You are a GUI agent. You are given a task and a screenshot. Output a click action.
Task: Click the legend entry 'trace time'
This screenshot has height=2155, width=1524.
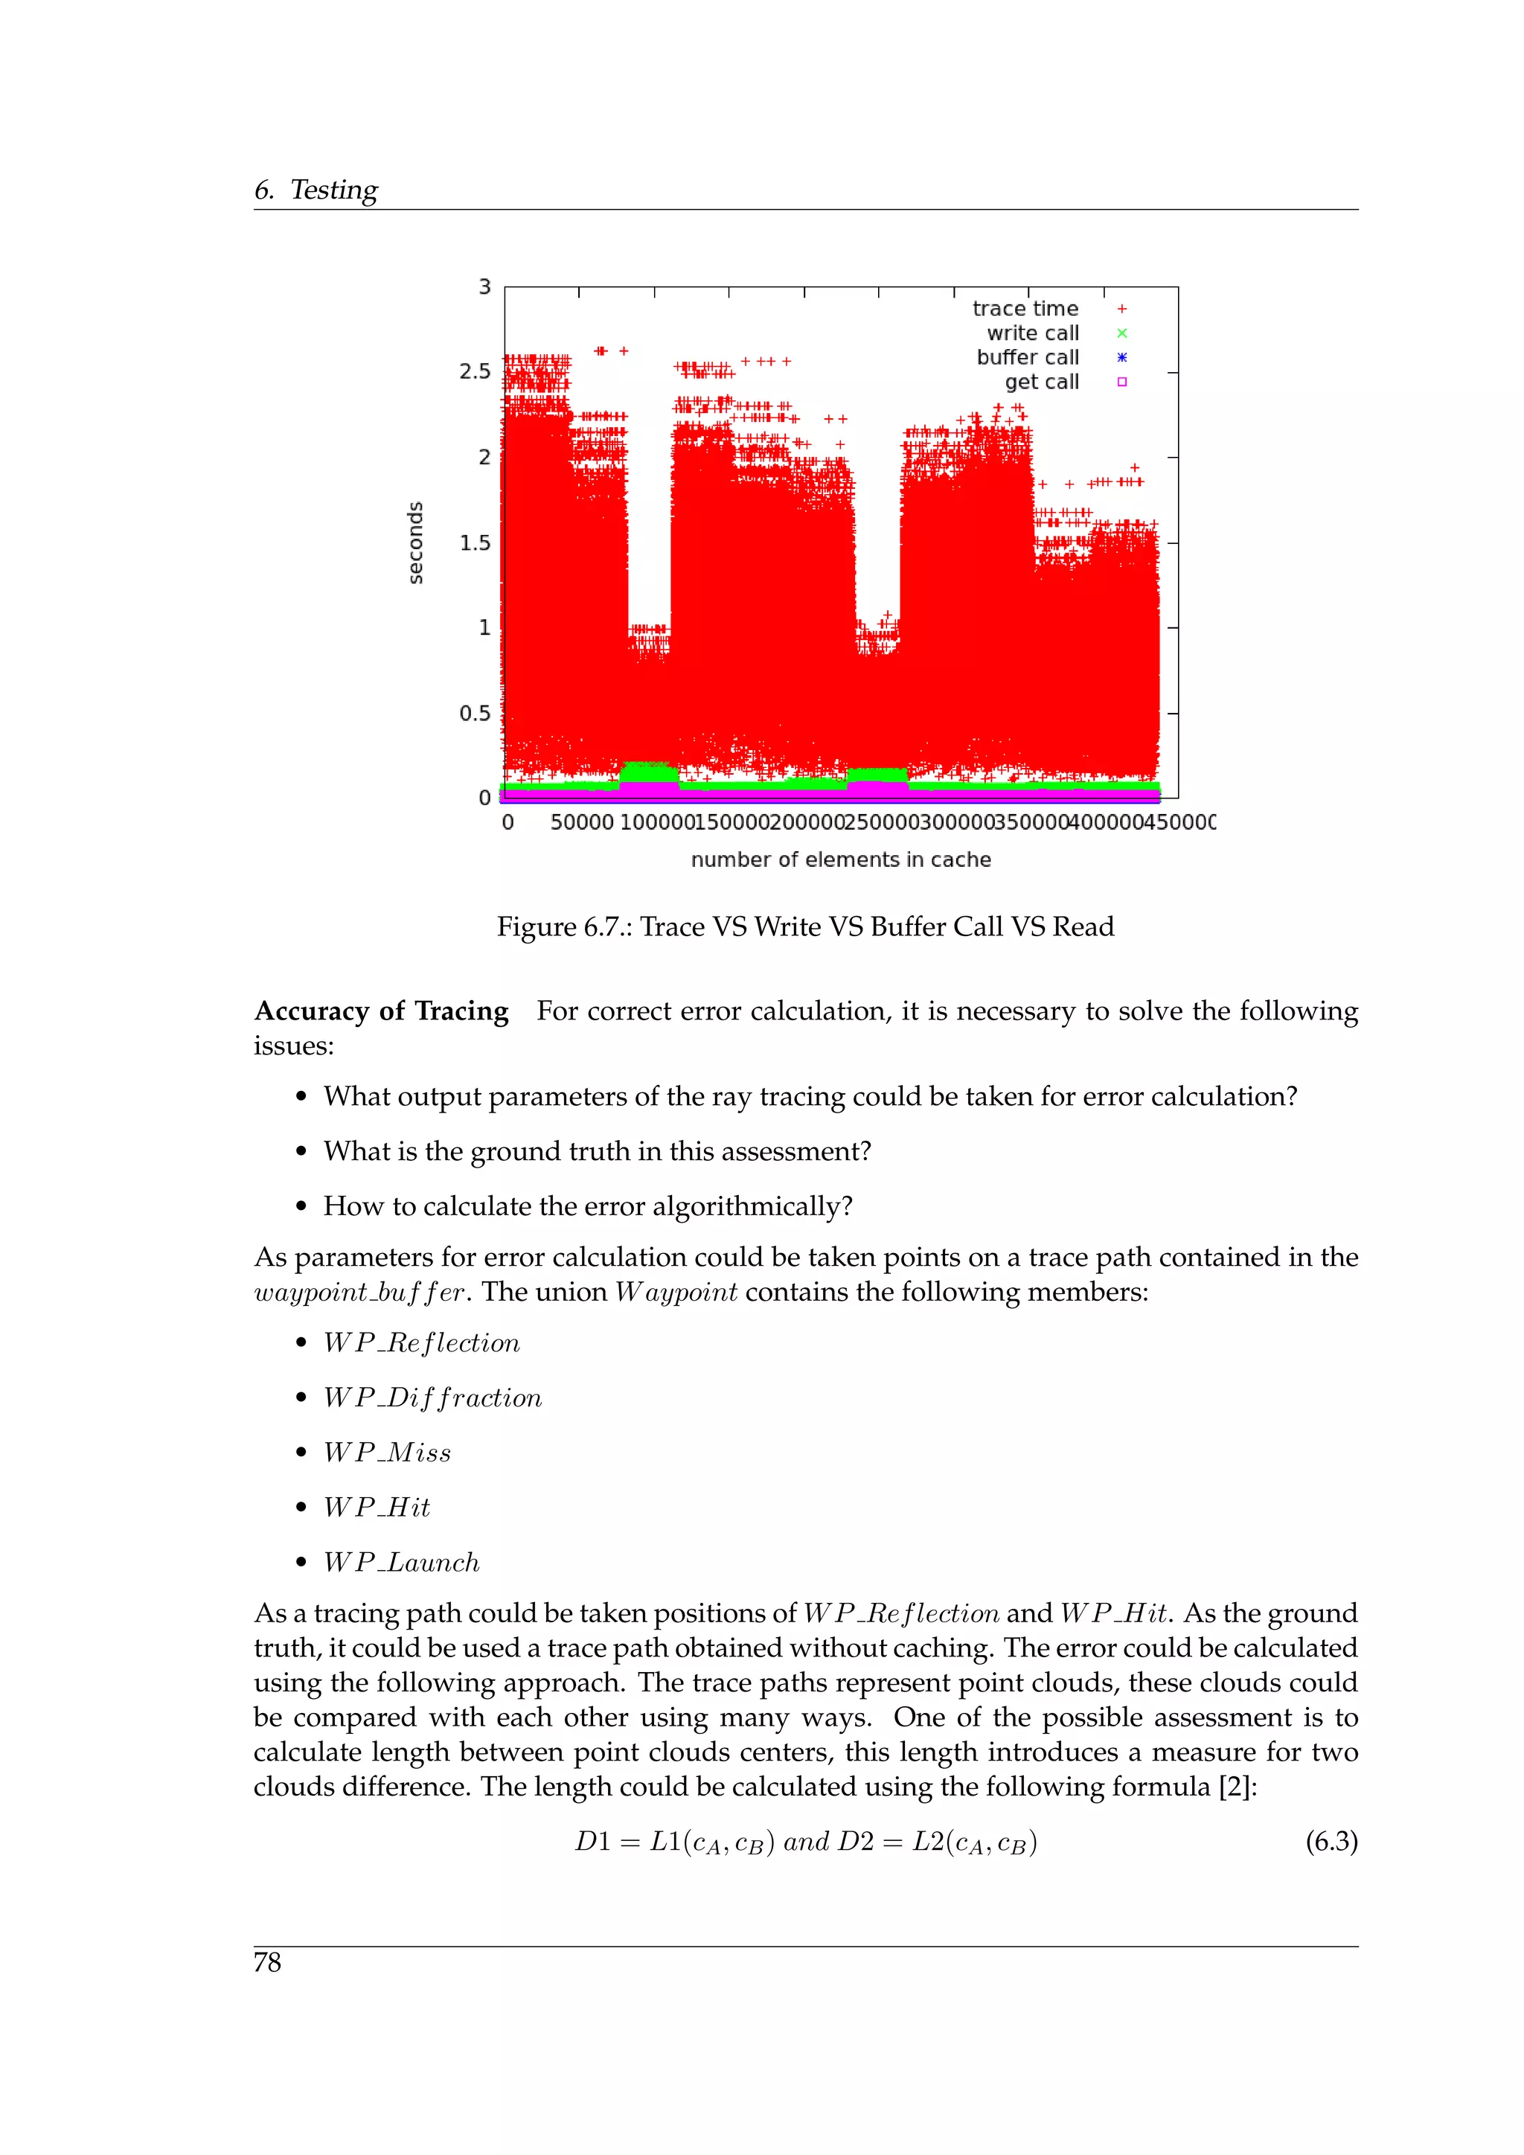coord(1025,309)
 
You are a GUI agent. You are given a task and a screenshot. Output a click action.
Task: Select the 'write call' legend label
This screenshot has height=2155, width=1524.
coord(1032,333)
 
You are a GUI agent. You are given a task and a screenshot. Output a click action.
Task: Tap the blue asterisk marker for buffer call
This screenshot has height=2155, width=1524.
coord(1121,358)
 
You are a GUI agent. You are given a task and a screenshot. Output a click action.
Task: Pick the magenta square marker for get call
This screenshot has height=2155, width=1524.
coord(1121,382)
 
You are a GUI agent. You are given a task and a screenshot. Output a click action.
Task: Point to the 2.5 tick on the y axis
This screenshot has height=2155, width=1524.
coord(475,371)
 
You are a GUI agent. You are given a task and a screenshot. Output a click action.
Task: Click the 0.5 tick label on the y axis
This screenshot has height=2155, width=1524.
coord(475,714)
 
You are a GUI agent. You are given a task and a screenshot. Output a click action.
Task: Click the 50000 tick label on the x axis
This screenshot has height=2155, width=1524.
coord(582,822)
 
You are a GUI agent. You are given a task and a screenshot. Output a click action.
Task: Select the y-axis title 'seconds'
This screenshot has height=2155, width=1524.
coord(414,542)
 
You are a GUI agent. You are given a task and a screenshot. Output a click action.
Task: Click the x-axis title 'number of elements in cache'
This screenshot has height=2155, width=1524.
coord(841,859)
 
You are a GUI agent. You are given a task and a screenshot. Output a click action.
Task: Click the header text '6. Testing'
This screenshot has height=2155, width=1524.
coord(316,190)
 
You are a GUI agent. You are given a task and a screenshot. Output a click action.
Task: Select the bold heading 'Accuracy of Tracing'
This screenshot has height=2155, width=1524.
coord(381,1011)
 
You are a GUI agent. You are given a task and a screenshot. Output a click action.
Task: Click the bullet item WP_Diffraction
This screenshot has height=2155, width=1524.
coord(432,1397)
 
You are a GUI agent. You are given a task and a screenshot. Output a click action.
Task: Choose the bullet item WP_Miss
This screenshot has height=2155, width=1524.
coord(387,1453)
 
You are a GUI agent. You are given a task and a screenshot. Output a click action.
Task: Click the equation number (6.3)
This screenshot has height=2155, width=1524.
coord(1331,1842)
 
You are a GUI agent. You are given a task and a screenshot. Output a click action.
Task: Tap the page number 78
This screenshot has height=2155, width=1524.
coord(267,1962)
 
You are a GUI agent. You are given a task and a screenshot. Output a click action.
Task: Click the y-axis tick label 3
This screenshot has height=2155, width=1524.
coord(484,287)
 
